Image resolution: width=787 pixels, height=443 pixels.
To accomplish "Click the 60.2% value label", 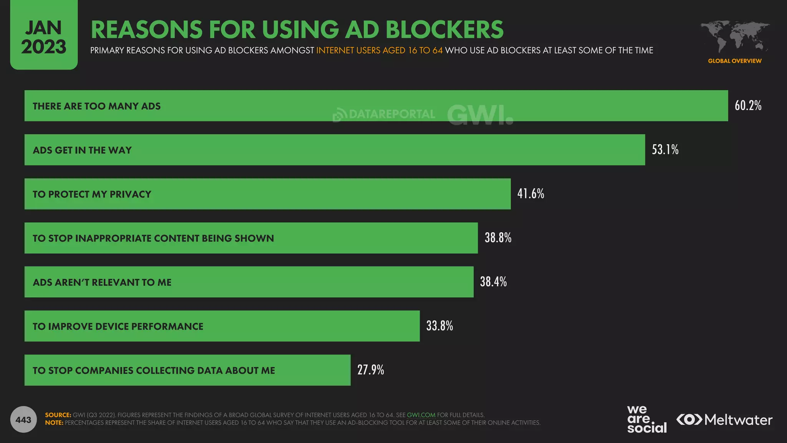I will (748, 105).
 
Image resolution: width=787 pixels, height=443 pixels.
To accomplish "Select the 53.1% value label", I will (665, 150).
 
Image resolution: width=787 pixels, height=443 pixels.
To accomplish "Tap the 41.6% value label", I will (530, 193).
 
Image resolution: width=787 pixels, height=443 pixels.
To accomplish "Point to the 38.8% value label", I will (498, 238).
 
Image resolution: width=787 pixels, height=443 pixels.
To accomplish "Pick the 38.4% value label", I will (493, 282).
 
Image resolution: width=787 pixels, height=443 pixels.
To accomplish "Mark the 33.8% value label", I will (439, 326).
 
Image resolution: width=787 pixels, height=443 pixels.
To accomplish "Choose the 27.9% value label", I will (370, 370).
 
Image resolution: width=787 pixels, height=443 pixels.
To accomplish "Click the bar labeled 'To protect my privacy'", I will (267, 194).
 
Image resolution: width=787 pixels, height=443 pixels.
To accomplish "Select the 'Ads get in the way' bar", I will (334, 150).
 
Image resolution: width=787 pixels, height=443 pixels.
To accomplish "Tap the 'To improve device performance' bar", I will (222, 326).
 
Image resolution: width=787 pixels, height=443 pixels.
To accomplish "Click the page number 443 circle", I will (23, 420).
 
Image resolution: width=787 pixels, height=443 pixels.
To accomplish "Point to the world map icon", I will (734, 37).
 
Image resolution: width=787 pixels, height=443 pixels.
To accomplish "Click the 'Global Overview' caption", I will (734, 61).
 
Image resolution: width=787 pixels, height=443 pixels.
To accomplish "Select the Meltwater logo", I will (724, 420).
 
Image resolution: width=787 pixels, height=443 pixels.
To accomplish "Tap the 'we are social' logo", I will (646, 420).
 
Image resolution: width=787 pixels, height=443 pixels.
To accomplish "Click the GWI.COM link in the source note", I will (421, 415).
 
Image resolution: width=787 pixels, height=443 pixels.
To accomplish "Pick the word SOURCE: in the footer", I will (58, 415).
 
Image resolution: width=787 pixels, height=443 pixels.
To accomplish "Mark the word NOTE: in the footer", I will (54, 423).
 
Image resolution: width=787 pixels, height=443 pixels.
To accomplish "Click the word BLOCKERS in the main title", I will (444, 30).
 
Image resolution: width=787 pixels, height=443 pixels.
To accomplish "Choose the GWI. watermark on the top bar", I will (480, 115).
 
